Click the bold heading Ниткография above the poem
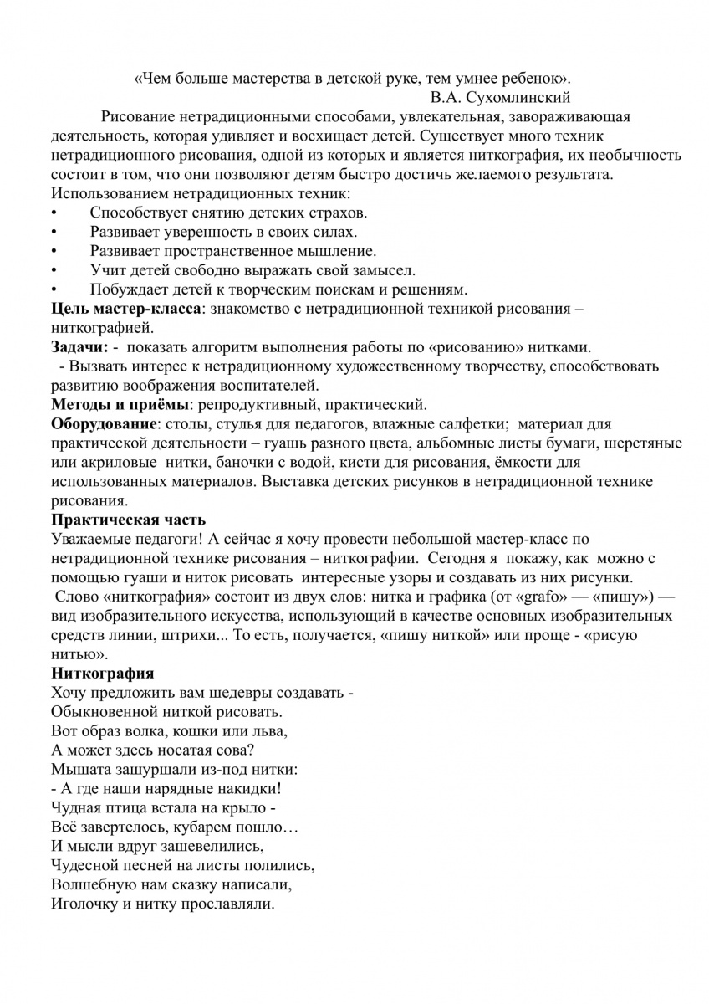[102, 673]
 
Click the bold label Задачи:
[79, 346]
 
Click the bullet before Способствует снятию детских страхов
[54, 213]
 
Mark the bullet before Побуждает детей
[54, 290]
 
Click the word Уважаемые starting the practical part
[90, 539]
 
